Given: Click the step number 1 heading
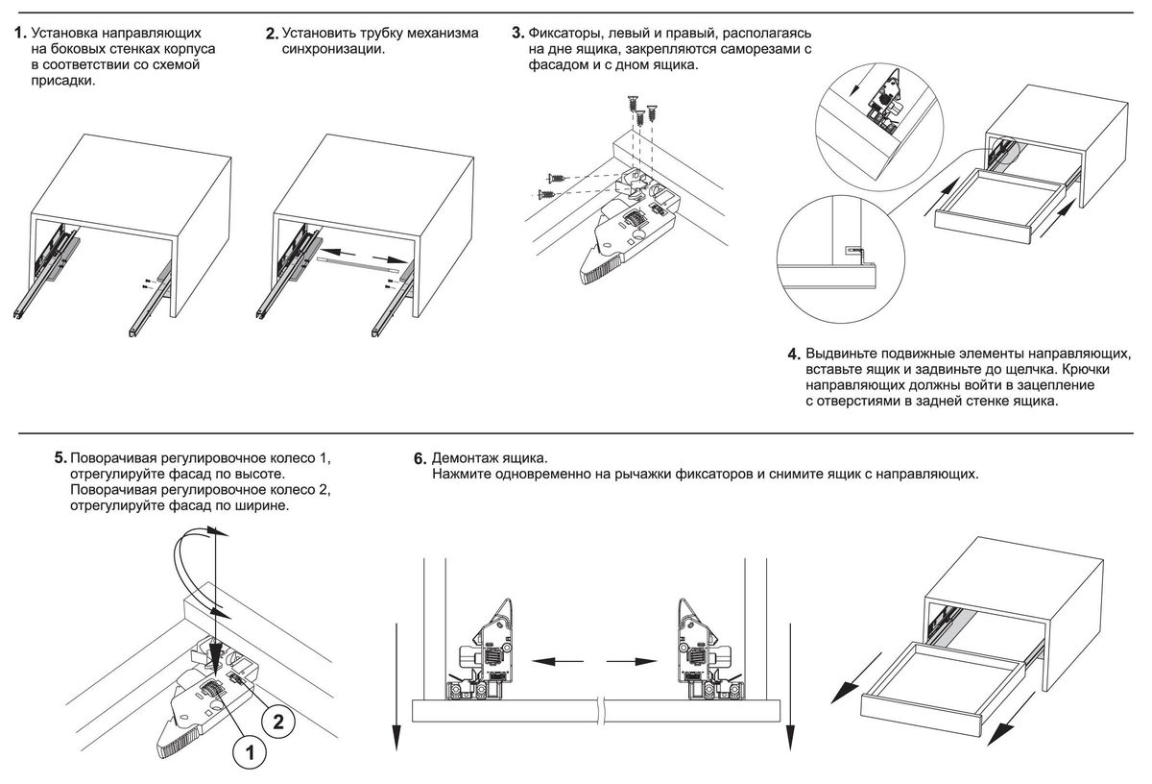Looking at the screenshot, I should (18, 33).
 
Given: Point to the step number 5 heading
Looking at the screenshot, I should (60, 457).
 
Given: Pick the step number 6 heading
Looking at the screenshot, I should (418, 459).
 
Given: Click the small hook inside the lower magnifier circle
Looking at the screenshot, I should (856, 250).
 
